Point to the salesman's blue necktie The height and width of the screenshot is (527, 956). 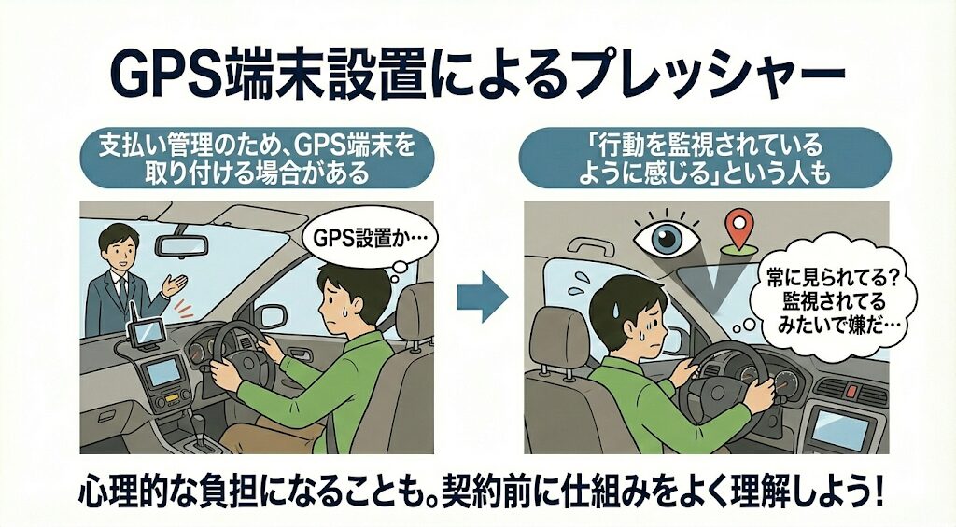(x=120, y=289)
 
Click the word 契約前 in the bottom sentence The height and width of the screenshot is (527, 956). (x=499, y=491)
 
